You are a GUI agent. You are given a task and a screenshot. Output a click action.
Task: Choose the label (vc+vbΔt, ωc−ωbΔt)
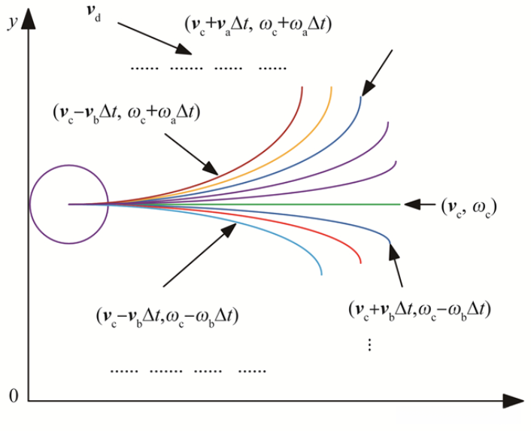click(421, 308)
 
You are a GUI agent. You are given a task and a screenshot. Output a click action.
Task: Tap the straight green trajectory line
click(316, 204)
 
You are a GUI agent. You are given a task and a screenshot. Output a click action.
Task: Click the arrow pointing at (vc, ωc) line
click(418, 204)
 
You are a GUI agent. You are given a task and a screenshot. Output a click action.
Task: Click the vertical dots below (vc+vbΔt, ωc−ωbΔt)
click(370, 345)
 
